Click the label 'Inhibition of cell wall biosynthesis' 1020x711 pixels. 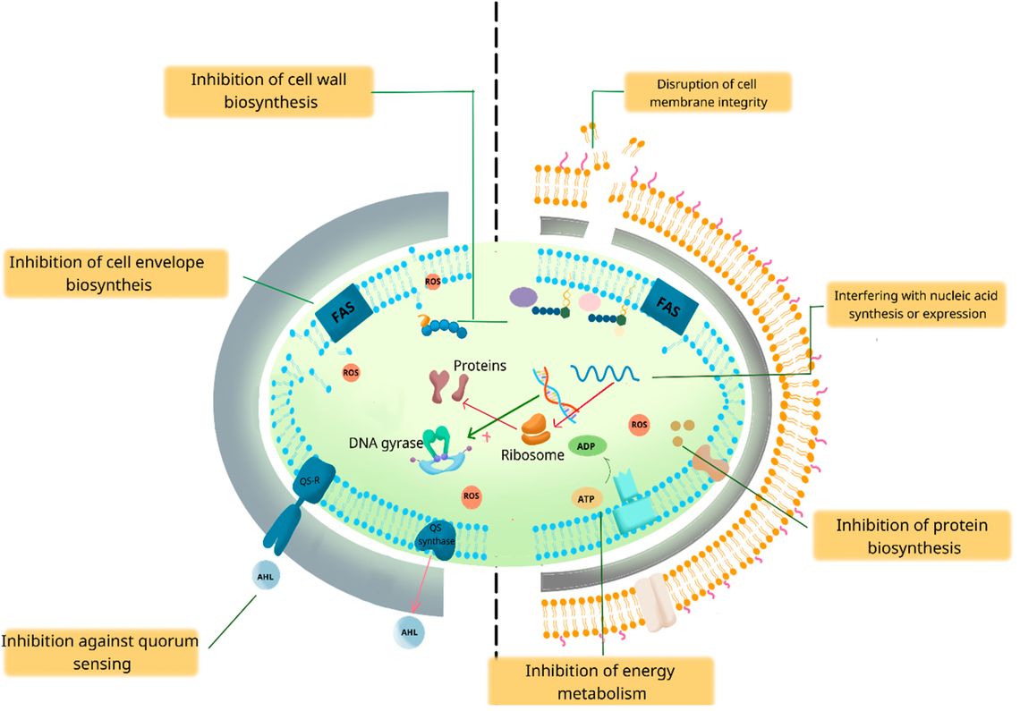[268, 91]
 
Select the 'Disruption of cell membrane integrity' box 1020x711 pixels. [708, 92]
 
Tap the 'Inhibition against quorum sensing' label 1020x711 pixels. [101, 652]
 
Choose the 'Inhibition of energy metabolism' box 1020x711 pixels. [601, 681]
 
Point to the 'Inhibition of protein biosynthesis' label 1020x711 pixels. [912, 536]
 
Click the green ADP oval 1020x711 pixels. [587, 447]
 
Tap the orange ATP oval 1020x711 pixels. [586, 499]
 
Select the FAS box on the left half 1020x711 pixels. [344, 312]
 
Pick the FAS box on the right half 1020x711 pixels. [668, 306]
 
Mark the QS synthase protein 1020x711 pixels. [438, 540]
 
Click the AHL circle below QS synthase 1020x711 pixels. [409, 631]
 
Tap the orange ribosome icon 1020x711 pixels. [536, 430]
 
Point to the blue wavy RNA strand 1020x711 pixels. [604, 373]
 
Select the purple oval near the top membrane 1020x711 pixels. [523, 297]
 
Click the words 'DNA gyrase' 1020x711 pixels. [386, 444]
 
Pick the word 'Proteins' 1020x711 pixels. [480, 366]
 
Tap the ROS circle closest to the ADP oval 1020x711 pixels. [640, 425]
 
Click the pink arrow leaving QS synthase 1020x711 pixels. [421, 588]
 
